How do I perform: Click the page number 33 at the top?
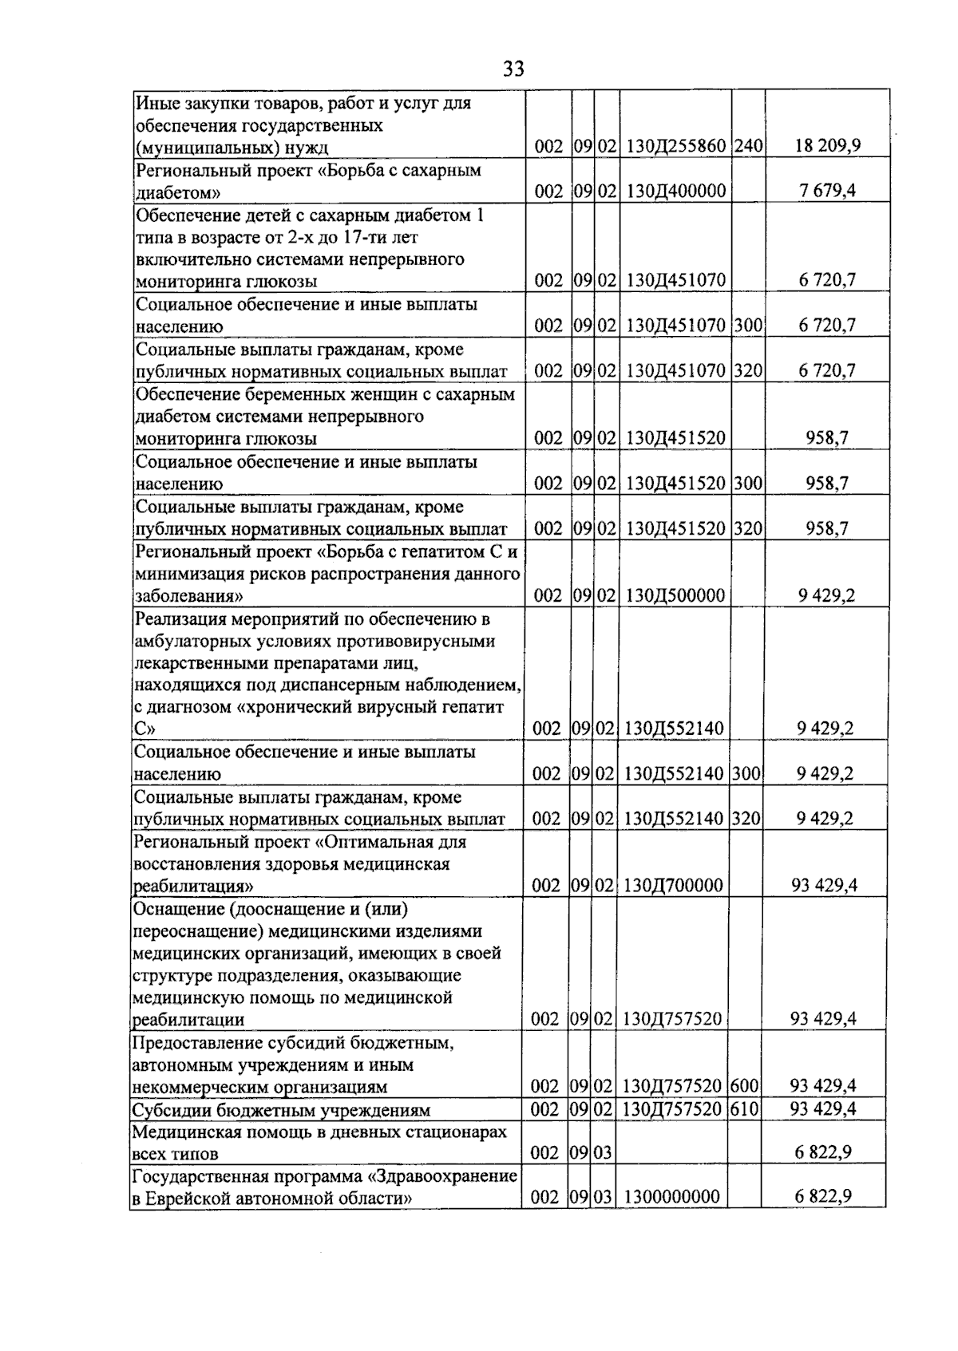513,69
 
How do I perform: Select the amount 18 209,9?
827,146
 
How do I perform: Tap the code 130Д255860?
675,146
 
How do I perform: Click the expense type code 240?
748,146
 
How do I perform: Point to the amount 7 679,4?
827,191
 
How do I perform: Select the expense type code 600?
746,1085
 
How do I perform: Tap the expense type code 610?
746,1109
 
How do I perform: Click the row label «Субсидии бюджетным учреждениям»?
281,1110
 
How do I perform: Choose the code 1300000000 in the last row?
671,1197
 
